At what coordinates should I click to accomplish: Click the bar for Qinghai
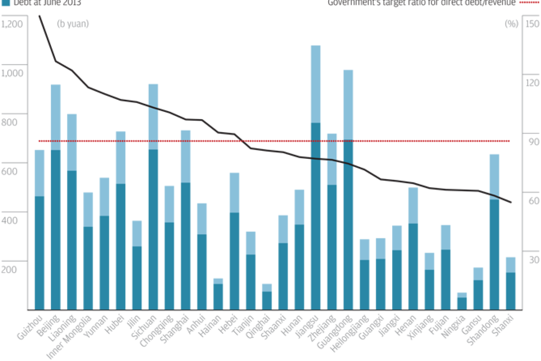coord(267,298)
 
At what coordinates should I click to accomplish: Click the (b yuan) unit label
coord(73,24)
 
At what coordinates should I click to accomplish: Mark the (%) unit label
coord(511,24)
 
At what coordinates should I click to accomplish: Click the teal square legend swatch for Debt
coord(5,2)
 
